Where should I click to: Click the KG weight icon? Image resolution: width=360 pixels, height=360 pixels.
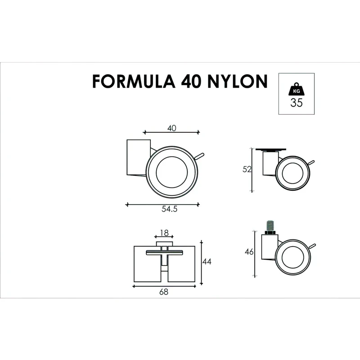click(x=296, y=89)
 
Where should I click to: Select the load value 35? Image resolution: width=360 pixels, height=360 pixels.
click(x=296, y=103)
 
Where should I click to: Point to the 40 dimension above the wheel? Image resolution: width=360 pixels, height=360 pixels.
click(x=171, y=128)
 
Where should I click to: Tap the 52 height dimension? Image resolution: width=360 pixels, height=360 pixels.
click(x=246, y=170)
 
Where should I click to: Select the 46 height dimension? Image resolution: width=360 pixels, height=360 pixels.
click(x=249, y=252)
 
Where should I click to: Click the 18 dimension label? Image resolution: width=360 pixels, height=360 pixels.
click(x=164, y=233)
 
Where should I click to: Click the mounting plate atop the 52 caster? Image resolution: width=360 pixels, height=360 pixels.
click(x=270, y=149)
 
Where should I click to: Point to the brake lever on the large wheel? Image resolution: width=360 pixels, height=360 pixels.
click(x=201, y=156)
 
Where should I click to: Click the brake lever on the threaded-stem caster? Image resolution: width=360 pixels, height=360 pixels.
click(x=313, y=245)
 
